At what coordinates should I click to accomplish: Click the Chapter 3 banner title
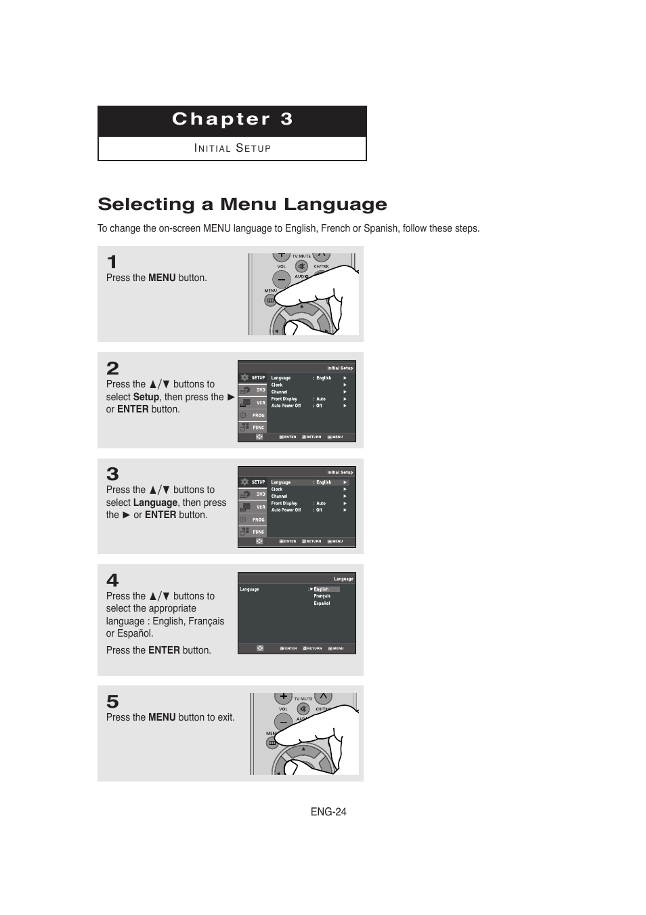click(x=232, y=119)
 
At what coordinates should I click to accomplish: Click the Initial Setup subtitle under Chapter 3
click(x=232, y=148)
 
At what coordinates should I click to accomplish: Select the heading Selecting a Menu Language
click(x=242, y=204)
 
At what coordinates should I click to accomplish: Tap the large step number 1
click(x=112, y=262)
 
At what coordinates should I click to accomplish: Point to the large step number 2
click(x=112, y=368)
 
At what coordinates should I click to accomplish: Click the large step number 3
click(x=112, y=474)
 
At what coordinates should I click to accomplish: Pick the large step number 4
click(x=112, y=580)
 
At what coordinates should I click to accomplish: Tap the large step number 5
click(x=112, y=702)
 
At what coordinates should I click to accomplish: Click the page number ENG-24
click(x=328, y=812)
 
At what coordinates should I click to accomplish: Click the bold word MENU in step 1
click(x=162, y=278)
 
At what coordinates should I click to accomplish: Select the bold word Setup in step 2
click(x=146, y=397)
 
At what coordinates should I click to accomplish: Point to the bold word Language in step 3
click(x=155, y=503)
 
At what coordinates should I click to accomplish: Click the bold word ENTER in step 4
click(x=164, y=650)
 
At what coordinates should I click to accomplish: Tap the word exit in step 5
click(x=225, y=717)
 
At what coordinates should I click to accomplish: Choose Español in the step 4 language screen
click(x=322, y=603)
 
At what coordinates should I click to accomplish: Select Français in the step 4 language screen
click(x=322, y=596)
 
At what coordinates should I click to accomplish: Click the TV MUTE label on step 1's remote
click(x=301, y=257)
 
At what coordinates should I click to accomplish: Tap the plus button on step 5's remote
click(x=283, y=697)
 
